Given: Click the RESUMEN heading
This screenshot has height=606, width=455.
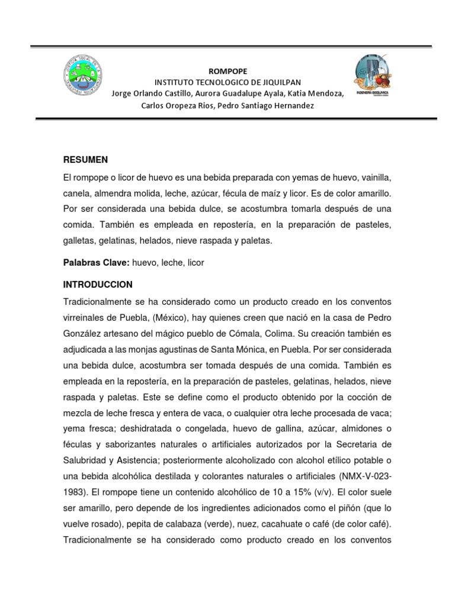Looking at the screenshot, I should pos(85,160).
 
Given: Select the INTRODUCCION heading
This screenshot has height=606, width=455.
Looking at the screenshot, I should pos(98,284).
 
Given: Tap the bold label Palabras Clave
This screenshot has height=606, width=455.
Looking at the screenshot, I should pos(96,263).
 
